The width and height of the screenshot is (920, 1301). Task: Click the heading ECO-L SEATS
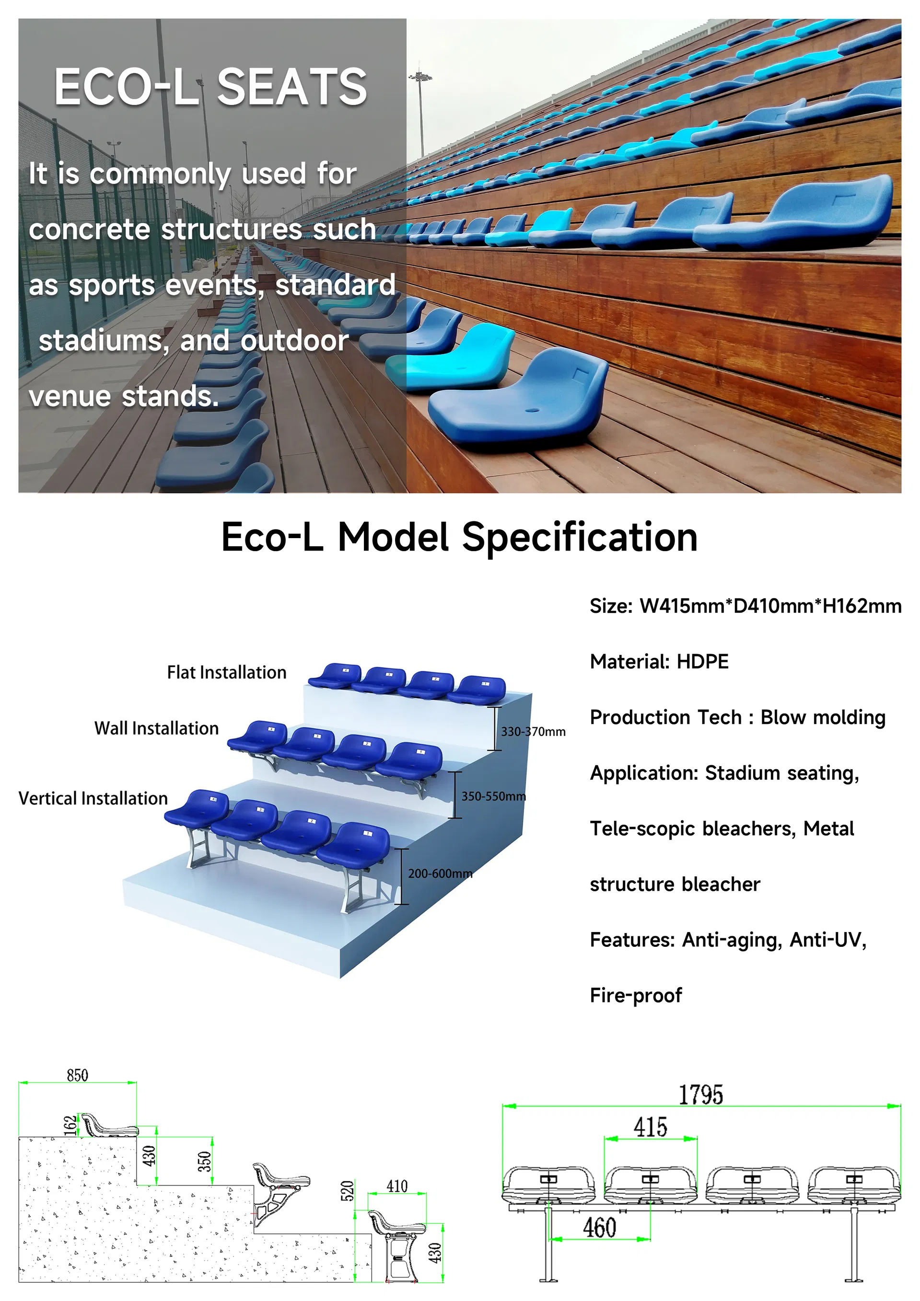click(210, 87)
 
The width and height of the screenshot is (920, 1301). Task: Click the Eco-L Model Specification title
click(459, 537)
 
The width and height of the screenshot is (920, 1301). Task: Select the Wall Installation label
click(156, 728)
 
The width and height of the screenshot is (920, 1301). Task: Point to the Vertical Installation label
click(93, 798)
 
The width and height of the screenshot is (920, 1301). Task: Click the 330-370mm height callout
click(533, 732)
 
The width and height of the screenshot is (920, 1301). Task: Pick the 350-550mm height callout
click(493, 796)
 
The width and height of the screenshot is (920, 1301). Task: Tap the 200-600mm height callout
click(440, 873)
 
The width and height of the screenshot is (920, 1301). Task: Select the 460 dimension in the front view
click(599, 1227)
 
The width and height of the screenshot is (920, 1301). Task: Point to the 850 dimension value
click(77, 1075)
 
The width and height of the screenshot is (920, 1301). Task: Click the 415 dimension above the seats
click(650, 1127)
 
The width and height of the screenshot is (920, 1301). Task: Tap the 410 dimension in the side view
click(397, 1186)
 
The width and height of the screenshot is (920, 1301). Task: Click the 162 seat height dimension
click(70, 1125)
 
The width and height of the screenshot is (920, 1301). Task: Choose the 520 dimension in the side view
click(348, 1190)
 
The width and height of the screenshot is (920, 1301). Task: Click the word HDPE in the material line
click(702, 661)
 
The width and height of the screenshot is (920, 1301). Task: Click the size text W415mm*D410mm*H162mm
click(770, 606)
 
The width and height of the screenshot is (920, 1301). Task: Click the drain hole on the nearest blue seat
click(533, 409)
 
